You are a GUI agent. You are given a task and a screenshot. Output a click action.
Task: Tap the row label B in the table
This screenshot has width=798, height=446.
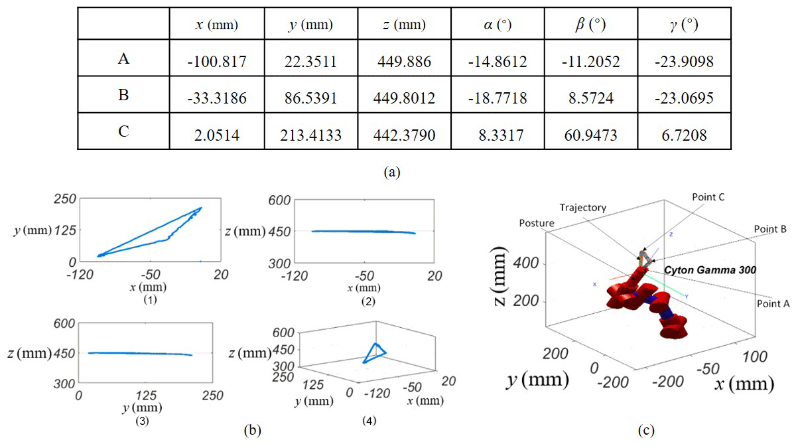tap(123, 96)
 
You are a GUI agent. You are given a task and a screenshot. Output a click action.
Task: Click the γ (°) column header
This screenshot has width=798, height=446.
tap(685, 25)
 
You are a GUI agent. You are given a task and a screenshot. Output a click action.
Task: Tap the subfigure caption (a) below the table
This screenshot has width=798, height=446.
tap(393, 171)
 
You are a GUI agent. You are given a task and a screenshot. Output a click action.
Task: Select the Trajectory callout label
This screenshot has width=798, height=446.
tap(584, 208)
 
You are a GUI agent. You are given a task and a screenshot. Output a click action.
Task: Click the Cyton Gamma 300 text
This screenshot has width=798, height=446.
tap(708, 271)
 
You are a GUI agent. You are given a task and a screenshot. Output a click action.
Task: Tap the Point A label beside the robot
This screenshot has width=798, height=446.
tap(773, 304)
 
